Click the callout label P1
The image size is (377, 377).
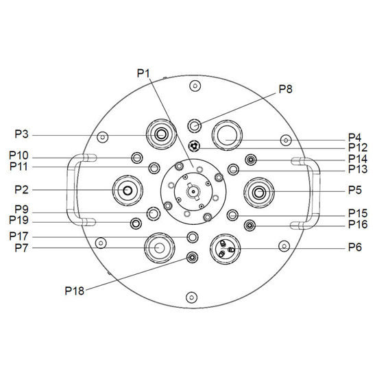tap(143, 73)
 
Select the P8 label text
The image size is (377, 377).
tap(285, 89)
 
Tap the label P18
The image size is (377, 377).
tap(75, 291)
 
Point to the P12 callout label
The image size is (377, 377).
tap(358, 147)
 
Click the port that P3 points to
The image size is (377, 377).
tap(161, 134)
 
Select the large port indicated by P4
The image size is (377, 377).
tap(227, 135)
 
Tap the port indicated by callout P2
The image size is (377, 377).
tap(127, 191)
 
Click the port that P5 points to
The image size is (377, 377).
tap(259, 193)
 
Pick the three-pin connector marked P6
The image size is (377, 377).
tap(226, 249)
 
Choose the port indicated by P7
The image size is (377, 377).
tap(160, 247)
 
